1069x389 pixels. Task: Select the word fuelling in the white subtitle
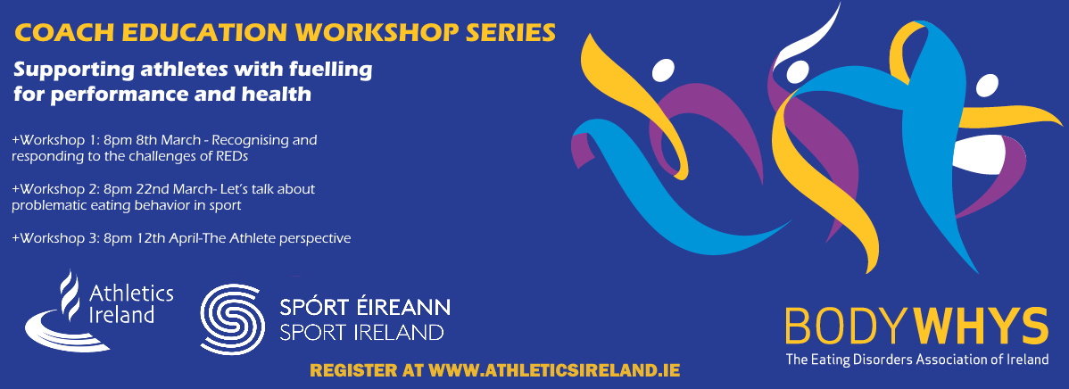pyautogui.click(x=338, y=70)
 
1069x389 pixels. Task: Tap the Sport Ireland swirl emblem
pyautogui.click(x=232, y=319)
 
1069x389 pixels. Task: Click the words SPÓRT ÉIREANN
pyautogui.click(x=365, y=307)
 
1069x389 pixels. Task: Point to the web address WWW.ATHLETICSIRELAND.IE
pyautogui.click(x=553, y=370)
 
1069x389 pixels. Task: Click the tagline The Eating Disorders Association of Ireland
pyautogui.click(x=917, y=360)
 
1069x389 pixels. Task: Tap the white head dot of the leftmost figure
pyautogui.click(x=663, y=70)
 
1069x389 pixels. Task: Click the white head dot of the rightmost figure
pyautogui.click(x=986, y=86)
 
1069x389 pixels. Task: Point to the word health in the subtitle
pyautogui.click(x=278, y=94)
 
